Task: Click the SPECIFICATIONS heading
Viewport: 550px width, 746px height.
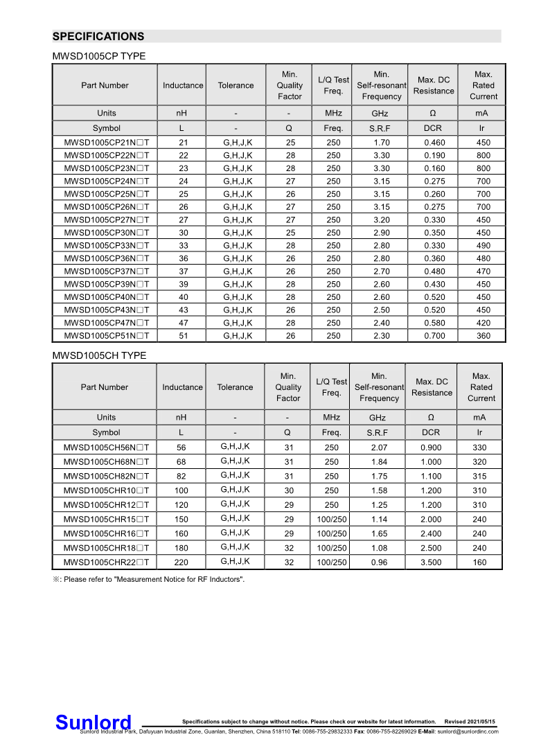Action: click(x=98, y=37)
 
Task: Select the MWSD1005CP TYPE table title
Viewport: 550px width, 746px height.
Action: click(x=99, y=56)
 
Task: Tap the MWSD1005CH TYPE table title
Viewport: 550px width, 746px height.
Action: click(x=99, y=355)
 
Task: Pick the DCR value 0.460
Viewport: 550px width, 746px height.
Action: click(x=434, y=143)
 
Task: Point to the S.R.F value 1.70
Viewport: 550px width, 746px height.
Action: click(x=381, y=143)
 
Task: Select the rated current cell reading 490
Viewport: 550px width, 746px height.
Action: click(x=483, y=245)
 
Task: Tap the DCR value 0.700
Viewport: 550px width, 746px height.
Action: click(x=434, y=336)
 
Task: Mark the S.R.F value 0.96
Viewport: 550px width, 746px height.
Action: click(x=379, y=562)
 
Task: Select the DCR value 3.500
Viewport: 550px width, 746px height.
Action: click(x=431, y=562)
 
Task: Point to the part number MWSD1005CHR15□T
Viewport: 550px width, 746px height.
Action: click(x=106, y=519)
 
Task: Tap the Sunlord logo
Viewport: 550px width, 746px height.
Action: click(x=93, y=722)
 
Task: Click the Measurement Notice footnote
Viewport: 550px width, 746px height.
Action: click(x=148, y=579)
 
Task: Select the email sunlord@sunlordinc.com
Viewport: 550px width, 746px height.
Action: click(x=467, y=731)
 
